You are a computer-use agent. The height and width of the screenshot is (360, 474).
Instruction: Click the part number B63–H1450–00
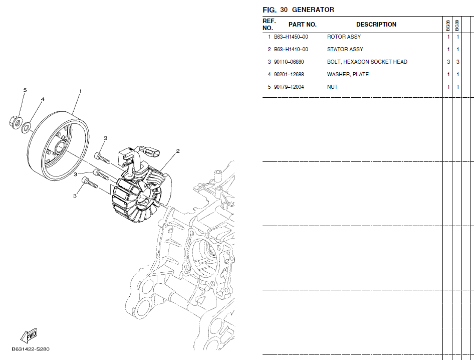coord(291,37)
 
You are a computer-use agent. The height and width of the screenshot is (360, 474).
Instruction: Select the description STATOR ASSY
coord(345,49)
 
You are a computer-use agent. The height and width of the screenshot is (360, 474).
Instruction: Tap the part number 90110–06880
coord(289,62)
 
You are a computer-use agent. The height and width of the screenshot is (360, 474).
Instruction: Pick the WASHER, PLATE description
coord(348,74)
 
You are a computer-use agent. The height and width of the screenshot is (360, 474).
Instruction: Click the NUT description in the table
coord(332,87)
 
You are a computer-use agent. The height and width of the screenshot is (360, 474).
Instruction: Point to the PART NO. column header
coord(302,25)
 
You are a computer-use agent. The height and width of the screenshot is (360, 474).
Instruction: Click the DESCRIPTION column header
coord(376,25)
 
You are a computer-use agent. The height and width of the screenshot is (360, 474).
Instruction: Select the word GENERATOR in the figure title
coord(313,10)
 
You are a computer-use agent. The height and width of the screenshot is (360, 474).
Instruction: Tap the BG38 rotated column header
coord(448,26)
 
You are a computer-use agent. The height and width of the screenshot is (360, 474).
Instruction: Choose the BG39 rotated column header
coord(457,26)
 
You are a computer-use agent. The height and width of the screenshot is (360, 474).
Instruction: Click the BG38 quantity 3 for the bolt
coord(448,62)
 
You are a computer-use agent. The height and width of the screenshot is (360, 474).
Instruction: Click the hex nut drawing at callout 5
coord(15,122)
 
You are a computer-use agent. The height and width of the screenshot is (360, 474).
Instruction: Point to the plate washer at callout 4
coord(27,127)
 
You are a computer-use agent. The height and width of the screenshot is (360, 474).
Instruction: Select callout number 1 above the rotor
coord(80,91)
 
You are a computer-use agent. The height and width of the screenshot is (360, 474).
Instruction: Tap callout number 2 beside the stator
coord(178,151)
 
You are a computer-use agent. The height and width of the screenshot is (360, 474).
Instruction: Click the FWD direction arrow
coord(29,335)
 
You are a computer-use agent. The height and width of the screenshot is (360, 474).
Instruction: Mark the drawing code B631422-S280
coord(30,349)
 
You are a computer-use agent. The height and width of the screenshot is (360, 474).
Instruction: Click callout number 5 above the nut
coord(25,90)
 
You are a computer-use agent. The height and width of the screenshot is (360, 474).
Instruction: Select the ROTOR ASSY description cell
coord(344,37)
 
